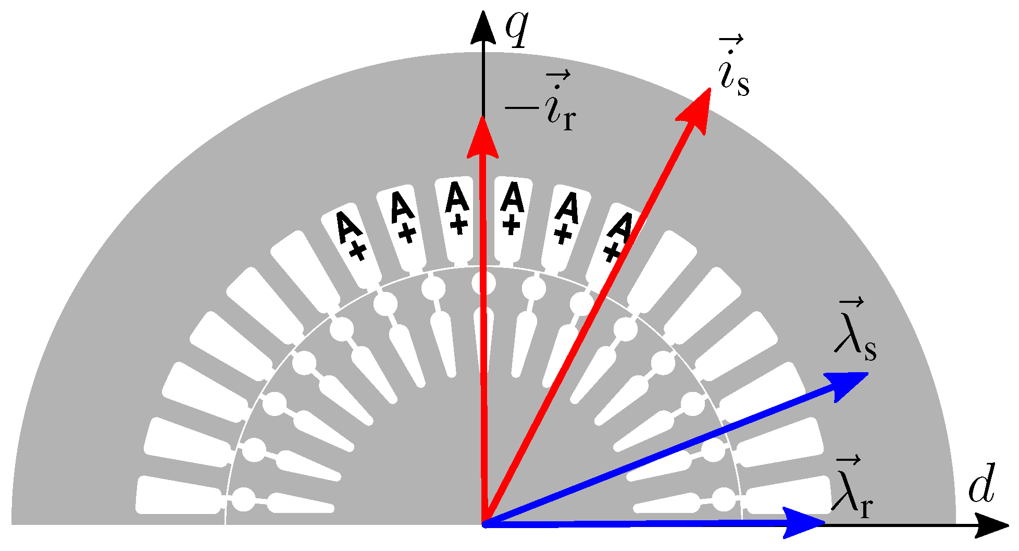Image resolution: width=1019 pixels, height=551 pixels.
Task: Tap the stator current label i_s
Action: coord(733,68)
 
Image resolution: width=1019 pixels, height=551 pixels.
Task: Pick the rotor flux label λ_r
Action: coord(852,490)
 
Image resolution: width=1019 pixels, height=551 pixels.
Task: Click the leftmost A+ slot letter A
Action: coord(346,227)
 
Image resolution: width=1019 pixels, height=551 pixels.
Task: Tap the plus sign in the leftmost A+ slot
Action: coord(358,251)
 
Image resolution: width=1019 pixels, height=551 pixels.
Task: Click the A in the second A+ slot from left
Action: coord(402,207)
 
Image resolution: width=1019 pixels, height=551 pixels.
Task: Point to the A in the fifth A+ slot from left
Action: coord(567,207)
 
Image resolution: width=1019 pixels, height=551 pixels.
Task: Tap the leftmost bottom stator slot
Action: coord(177,495)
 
